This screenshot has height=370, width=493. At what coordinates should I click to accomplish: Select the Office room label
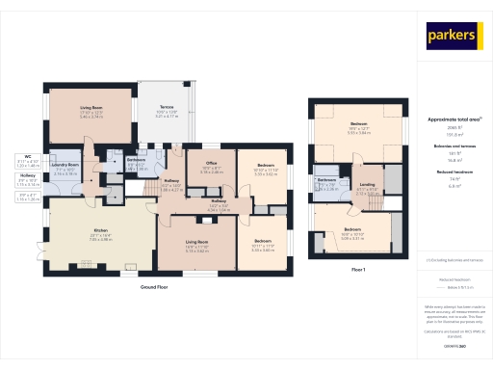tap(211, 164)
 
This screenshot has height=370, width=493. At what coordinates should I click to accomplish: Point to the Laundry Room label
tap(65, 165)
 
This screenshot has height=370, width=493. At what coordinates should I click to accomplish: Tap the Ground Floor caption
tap(156, 288)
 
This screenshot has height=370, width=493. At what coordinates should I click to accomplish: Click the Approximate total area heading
tap(454, 119)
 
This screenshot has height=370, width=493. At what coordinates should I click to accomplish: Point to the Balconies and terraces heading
tap(454, 145)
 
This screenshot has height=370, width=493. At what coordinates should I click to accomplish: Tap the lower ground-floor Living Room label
tap(197, 242)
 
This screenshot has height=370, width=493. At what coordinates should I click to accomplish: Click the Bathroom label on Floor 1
tap(326, 180)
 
